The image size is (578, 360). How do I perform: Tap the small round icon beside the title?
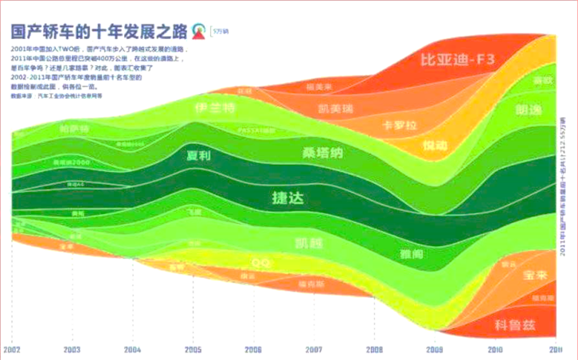coord(199,31)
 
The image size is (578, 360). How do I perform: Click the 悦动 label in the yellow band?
coord(435,147)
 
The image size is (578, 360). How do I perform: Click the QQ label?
coord(259,262)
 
